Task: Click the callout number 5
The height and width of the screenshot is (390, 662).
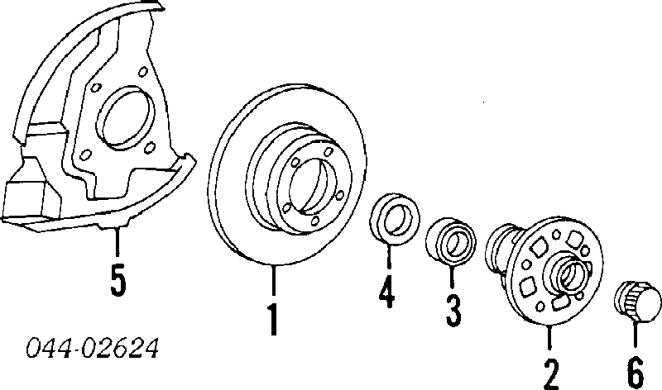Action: (118, 282)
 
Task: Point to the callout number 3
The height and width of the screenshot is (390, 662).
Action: (453, 311)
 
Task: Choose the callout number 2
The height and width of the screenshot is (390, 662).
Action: (551, 374)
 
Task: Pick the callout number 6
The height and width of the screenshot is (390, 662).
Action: (636, 373)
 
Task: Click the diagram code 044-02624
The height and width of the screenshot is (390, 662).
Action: (93, 348)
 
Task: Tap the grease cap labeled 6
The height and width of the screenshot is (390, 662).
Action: (637, 301)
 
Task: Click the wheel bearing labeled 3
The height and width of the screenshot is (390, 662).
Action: (450, 242)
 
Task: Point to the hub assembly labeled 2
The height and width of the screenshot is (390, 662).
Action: (545, 270)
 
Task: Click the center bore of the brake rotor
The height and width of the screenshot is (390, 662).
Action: (308, 186)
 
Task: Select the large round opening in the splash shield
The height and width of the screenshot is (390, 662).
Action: (126, 117)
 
